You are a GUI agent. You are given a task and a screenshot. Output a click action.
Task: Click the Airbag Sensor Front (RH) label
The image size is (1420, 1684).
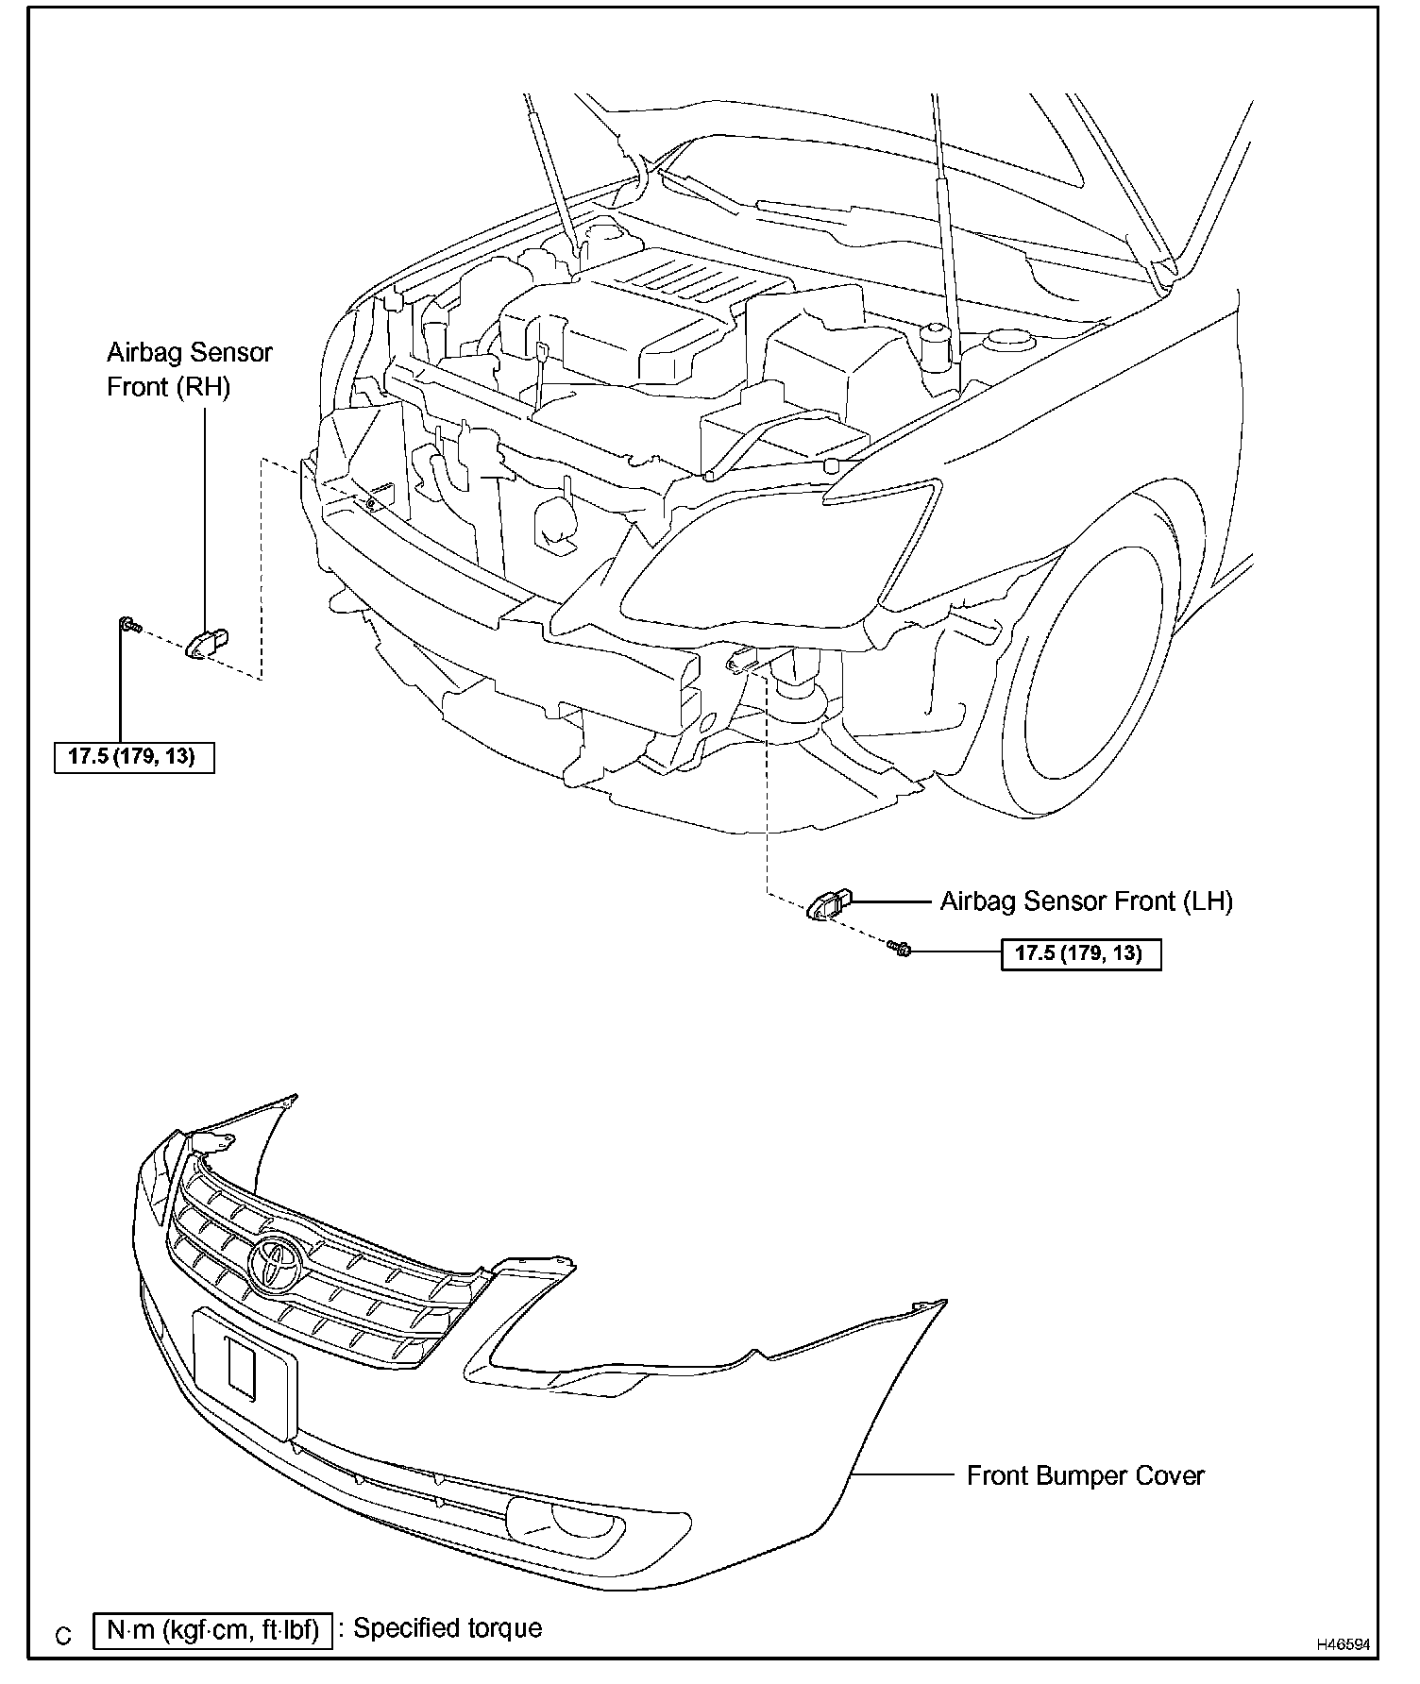(189, 369)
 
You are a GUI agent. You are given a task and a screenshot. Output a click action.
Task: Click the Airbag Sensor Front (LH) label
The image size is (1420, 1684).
(1086, 901)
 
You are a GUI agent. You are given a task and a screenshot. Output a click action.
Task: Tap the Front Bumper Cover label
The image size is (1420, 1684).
(1085, 1475)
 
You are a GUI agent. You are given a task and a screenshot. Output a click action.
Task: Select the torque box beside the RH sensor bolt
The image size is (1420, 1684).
(134, 757)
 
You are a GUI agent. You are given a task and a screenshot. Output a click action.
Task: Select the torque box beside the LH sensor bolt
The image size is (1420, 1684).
(1080, 953)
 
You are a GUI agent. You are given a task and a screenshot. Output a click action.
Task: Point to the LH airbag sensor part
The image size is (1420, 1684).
(828, 903)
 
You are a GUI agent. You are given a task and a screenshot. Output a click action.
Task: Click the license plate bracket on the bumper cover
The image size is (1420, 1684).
(245, 1372)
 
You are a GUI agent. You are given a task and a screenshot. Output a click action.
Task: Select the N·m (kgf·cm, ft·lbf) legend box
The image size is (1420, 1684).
(213, 1630)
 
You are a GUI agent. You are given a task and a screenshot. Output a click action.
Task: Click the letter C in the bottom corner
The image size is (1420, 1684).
(63, 1636)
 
